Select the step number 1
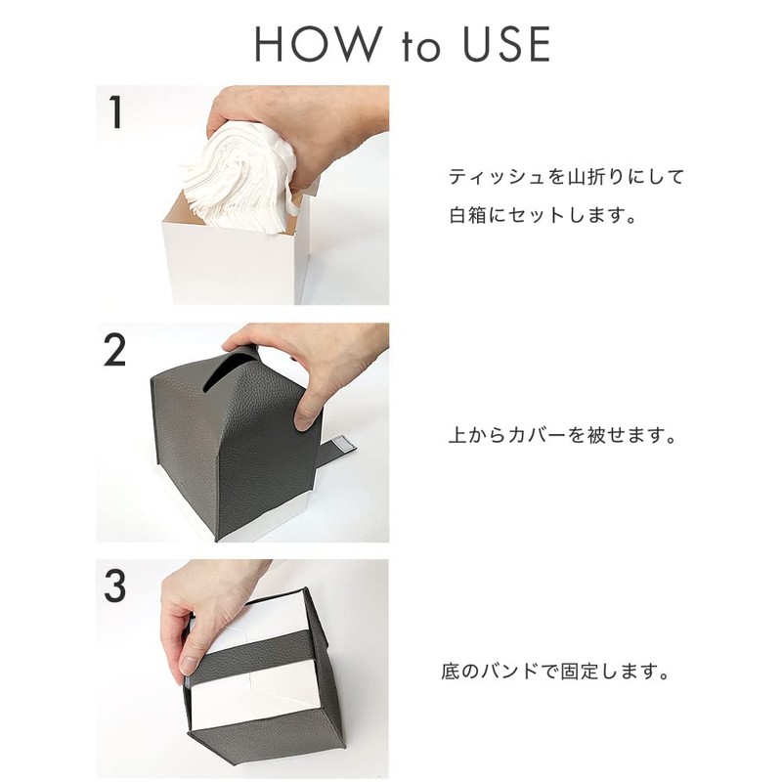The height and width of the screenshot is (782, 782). pyautogui.click(x=115, y=113)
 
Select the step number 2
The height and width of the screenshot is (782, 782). pyautogui.click(x=115, y=351)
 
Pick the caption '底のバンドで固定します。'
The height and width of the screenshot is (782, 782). pyautogui.click(x=555, y=673)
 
